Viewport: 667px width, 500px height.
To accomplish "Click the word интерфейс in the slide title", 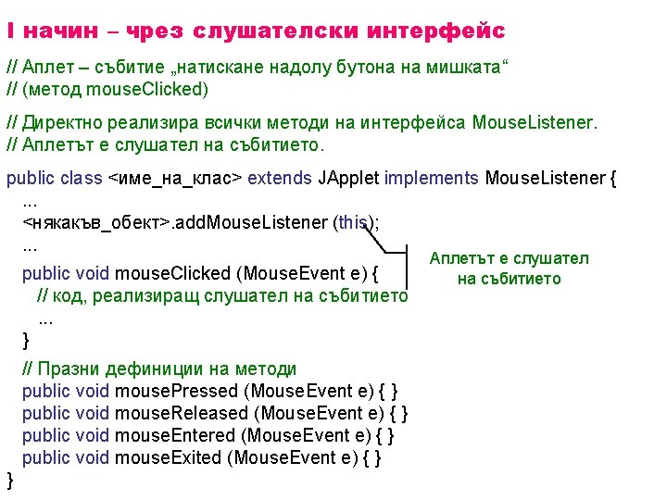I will tap(435, 31).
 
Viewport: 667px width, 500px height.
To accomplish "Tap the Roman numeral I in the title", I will tap(9, 31).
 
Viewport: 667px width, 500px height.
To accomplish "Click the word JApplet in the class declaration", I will tap(348, 178).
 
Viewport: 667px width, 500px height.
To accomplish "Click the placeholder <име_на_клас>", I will tap(177, 178).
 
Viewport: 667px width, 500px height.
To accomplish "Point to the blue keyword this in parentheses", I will tap(352, 222).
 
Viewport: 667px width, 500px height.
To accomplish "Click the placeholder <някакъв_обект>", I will tap(96, 222).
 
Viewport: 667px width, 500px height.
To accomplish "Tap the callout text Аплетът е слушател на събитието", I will tap(509, 269).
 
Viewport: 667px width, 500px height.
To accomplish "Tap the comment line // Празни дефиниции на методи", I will tap(159, 369).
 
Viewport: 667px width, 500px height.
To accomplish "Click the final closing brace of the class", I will tap(10, 479).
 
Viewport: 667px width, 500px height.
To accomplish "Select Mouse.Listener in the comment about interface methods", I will tap(535, 122).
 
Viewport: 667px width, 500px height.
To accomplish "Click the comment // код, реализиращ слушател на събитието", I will tap(221, 295).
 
